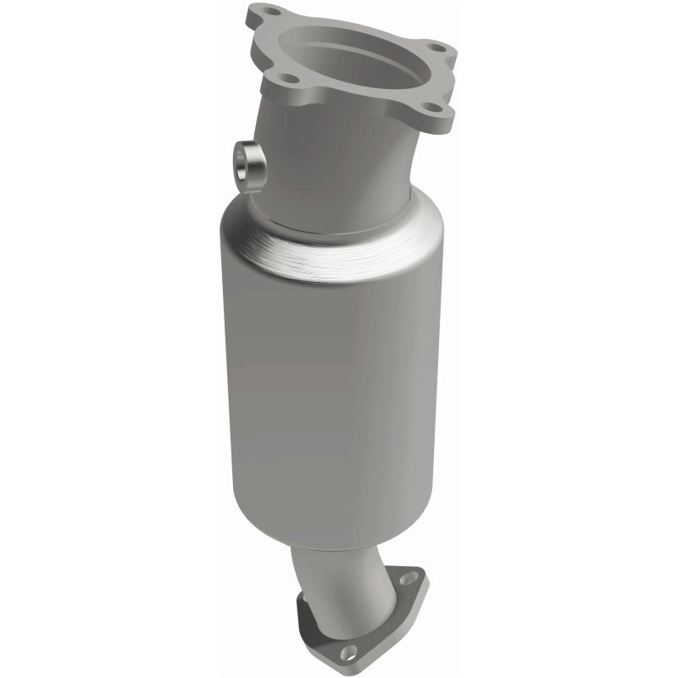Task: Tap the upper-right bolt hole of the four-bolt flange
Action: point(435,47)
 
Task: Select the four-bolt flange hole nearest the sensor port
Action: point(290,79)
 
